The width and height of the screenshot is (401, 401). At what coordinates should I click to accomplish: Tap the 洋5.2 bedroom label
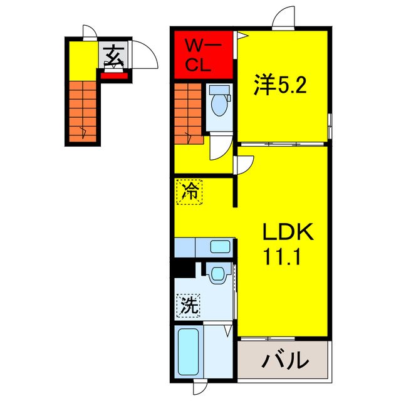click(280, 86)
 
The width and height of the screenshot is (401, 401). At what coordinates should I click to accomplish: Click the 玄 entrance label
click(113, 56)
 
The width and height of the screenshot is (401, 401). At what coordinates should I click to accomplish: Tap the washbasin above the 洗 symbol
click(217, 273)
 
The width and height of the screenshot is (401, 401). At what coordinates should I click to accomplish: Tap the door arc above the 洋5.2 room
click(284, 16)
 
